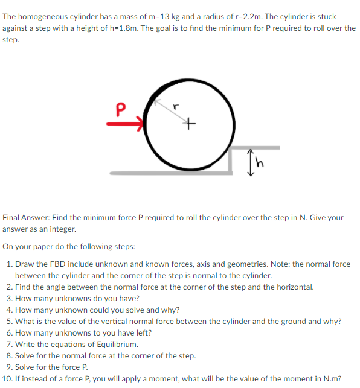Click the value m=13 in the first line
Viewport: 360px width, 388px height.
tap(156, 16)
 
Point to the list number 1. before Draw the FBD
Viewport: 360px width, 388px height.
tap(10, 264)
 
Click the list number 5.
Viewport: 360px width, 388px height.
tap(10, 322)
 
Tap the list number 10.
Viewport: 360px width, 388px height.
tap(8, 379)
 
